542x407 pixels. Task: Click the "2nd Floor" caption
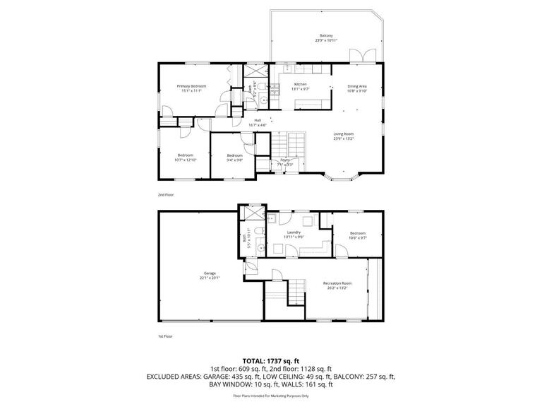click(166, 194)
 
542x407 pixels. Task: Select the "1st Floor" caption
click(165, 336)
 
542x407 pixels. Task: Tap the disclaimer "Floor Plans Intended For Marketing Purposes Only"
click(271, 396)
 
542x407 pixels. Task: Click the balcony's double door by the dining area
click(366, 56)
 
